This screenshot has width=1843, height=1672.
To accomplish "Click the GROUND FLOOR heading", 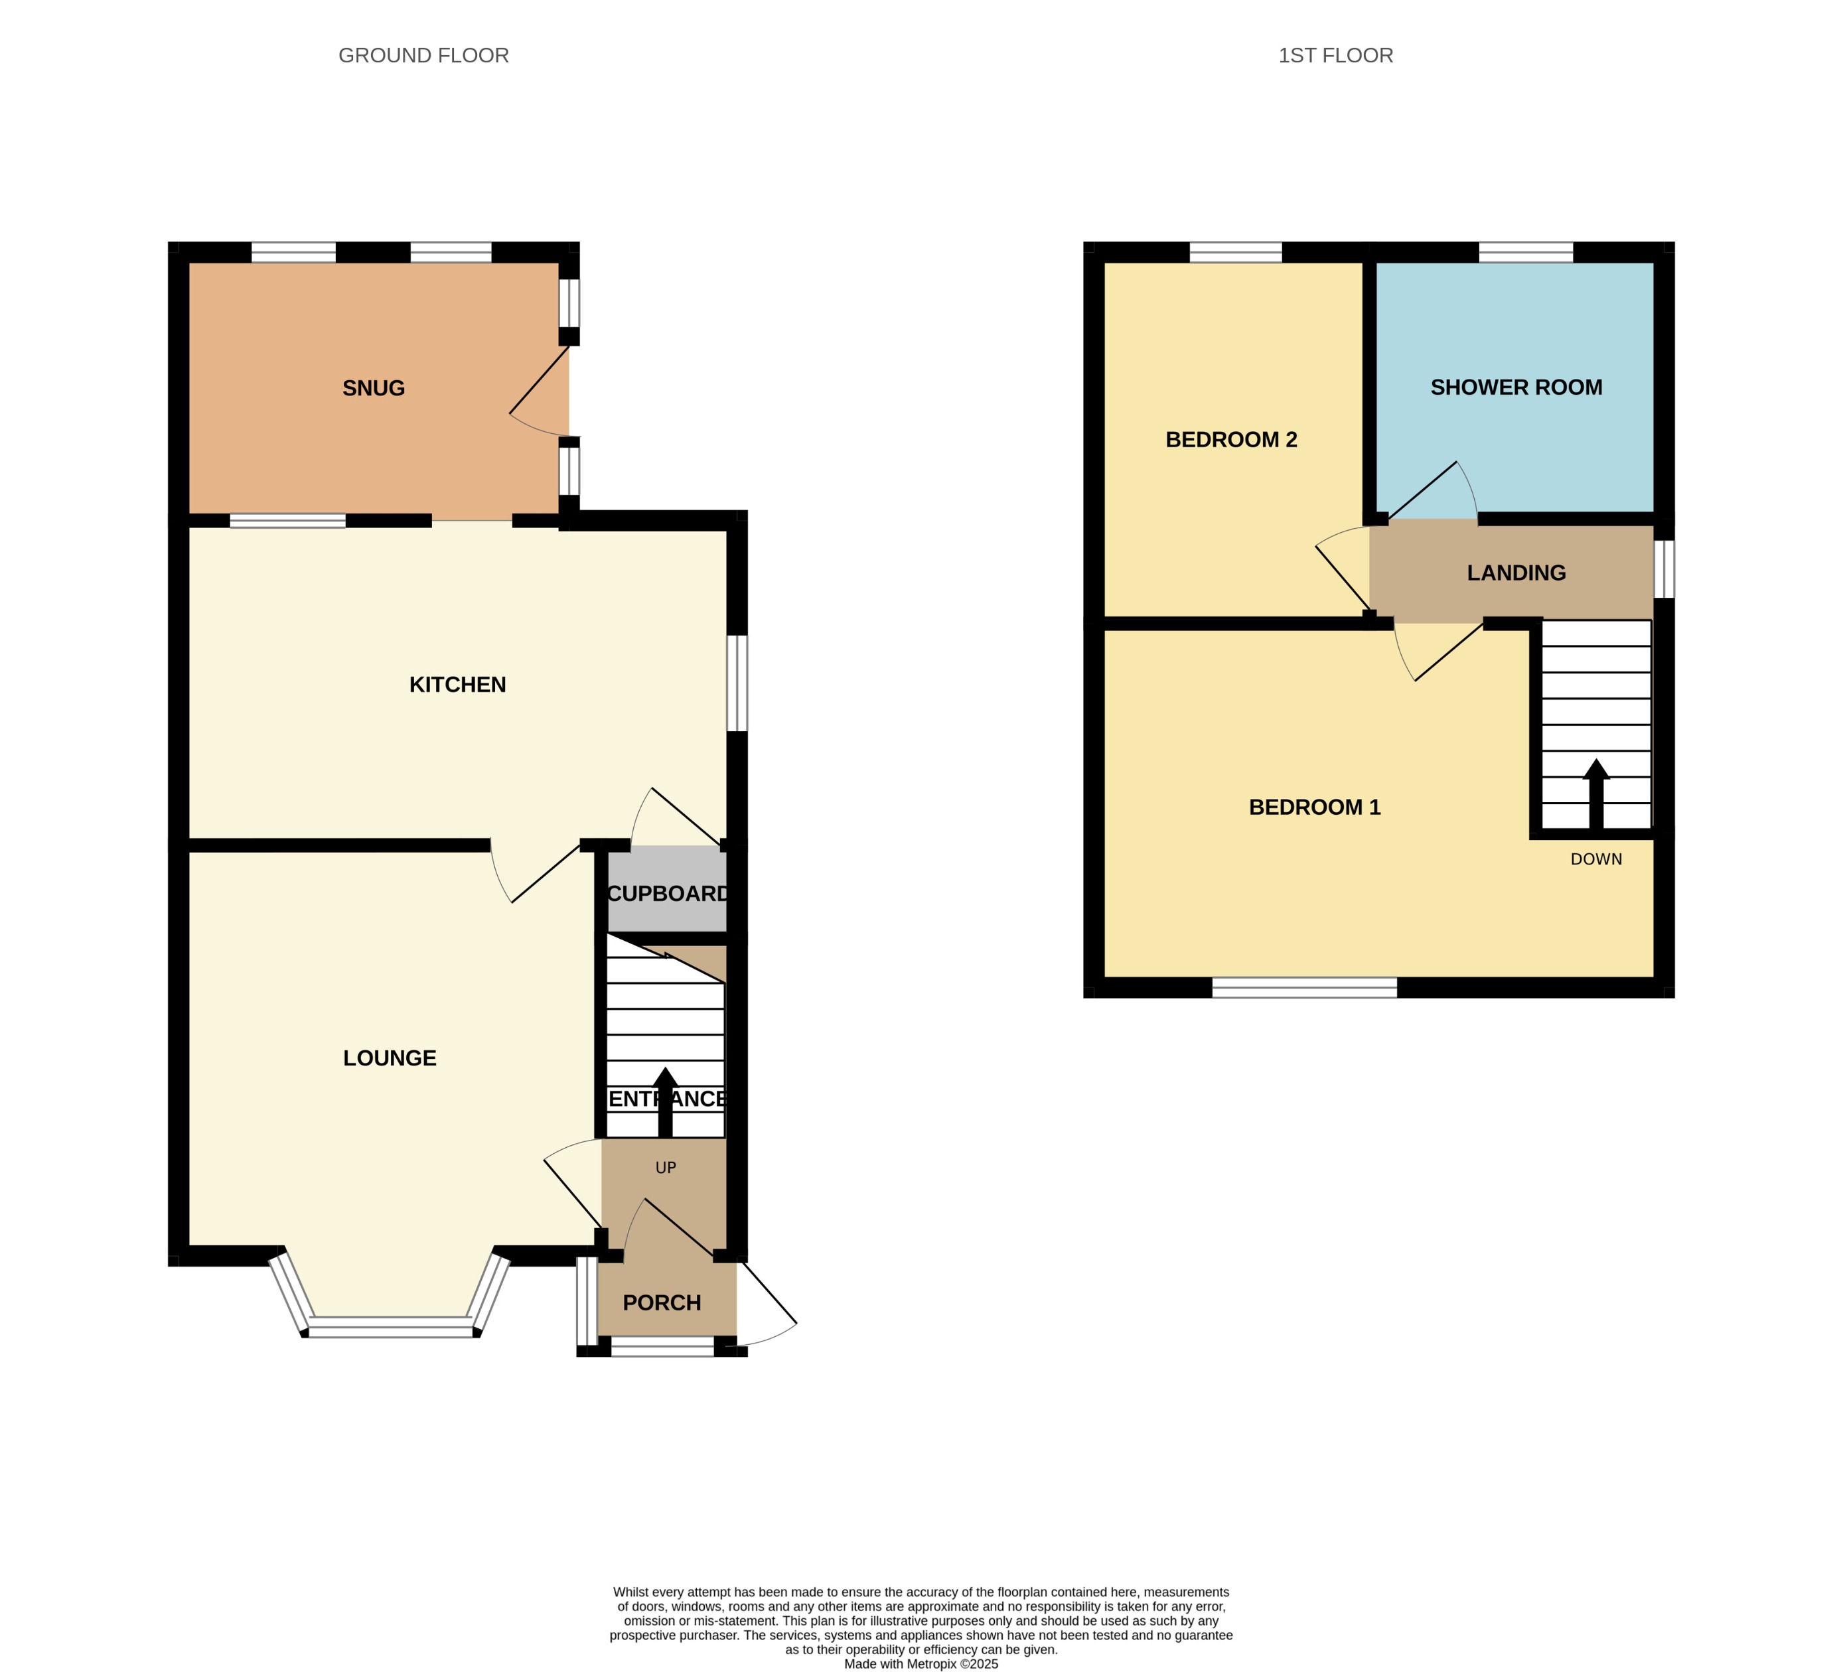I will (423, 56).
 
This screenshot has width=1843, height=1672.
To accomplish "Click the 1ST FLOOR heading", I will (1335, 56).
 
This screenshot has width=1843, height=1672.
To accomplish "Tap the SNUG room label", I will (373, 389).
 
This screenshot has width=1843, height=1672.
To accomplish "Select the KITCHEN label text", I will (457, 685).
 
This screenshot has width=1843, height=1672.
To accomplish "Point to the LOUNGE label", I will (390, 1058).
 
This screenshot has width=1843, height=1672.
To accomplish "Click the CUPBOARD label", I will (668, 894).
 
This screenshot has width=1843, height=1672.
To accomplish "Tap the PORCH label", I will (662, 1302).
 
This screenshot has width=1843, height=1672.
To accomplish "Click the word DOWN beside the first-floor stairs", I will (1596, 859).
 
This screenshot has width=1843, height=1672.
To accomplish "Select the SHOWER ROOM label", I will (1516, 387).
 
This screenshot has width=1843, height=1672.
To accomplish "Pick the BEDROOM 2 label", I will (1230, 440).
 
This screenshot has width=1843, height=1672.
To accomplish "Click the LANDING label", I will (1516, 573).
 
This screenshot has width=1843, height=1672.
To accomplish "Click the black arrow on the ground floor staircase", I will (666, 1101).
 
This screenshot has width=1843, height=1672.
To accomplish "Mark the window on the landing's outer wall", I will (1664, 569).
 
